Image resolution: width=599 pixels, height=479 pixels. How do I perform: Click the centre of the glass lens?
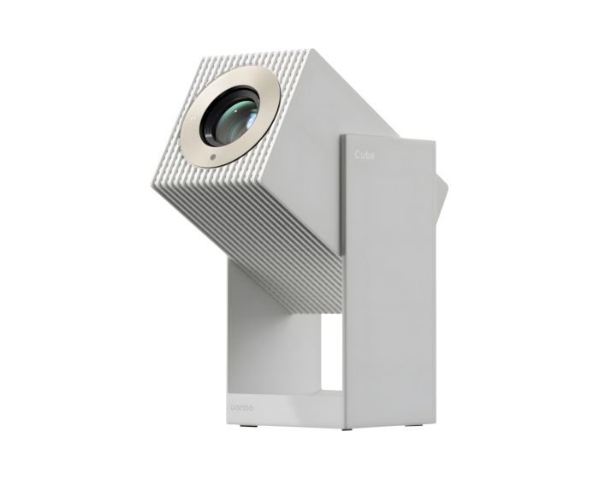[x=229, y=117]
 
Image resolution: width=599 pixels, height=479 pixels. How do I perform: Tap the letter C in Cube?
[x=358, y=156]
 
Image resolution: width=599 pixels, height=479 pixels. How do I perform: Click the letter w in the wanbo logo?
[x=234, y=408]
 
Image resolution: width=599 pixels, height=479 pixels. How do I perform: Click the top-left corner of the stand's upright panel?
[x=342, y=136]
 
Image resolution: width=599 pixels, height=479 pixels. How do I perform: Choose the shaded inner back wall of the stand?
[x=257, y=342]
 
